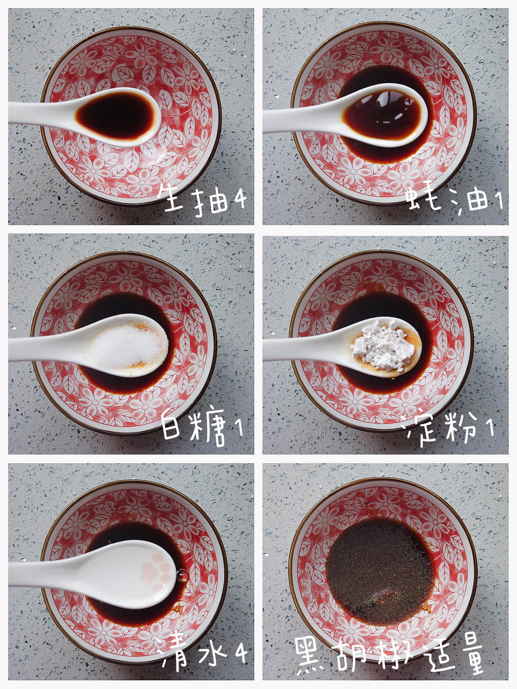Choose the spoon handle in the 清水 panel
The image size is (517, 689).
48,572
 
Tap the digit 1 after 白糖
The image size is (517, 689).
239,427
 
